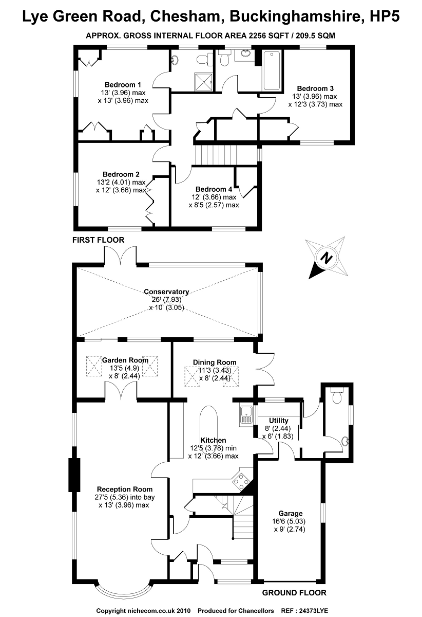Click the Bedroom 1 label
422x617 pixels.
(123, 85)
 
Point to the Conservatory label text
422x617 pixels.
(166, 292)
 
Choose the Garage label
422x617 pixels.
(290, 513)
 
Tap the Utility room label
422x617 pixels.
(272, 421)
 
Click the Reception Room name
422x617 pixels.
(123, 489)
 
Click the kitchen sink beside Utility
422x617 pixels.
(246, 414)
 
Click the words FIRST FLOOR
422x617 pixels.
(98, 240)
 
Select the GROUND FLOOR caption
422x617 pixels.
(294, 592)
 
